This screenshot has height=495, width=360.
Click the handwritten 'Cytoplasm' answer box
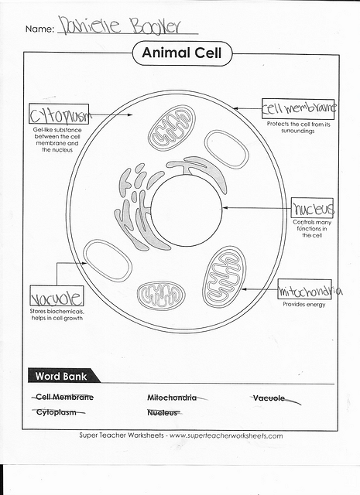coord(59,117)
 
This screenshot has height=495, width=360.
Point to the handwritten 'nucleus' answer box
coord(312,209)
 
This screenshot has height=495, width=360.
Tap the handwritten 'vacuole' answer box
coord(56,297)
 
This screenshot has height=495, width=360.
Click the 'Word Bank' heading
coord(62,377)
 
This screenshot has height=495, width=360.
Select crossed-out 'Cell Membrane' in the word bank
coord(65,398)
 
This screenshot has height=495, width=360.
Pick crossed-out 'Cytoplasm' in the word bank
coord(57,412)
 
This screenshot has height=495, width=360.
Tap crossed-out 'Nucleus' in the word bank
coord(163,412)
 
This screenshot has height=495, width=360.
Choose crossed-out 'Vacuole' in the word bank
coord(269,398)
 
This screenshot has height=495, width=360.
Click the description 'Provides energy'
coord(304,304)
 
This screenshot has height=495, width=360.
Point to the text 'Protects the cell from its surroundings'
coord(298,128)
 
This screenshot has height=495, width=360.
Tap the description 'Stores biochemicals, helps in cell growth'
coord(57,314)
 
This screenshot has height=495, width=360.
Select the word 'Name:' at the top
coord(39,29)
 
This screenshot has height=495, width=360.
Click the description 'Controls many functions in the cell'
coord(312,229)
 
